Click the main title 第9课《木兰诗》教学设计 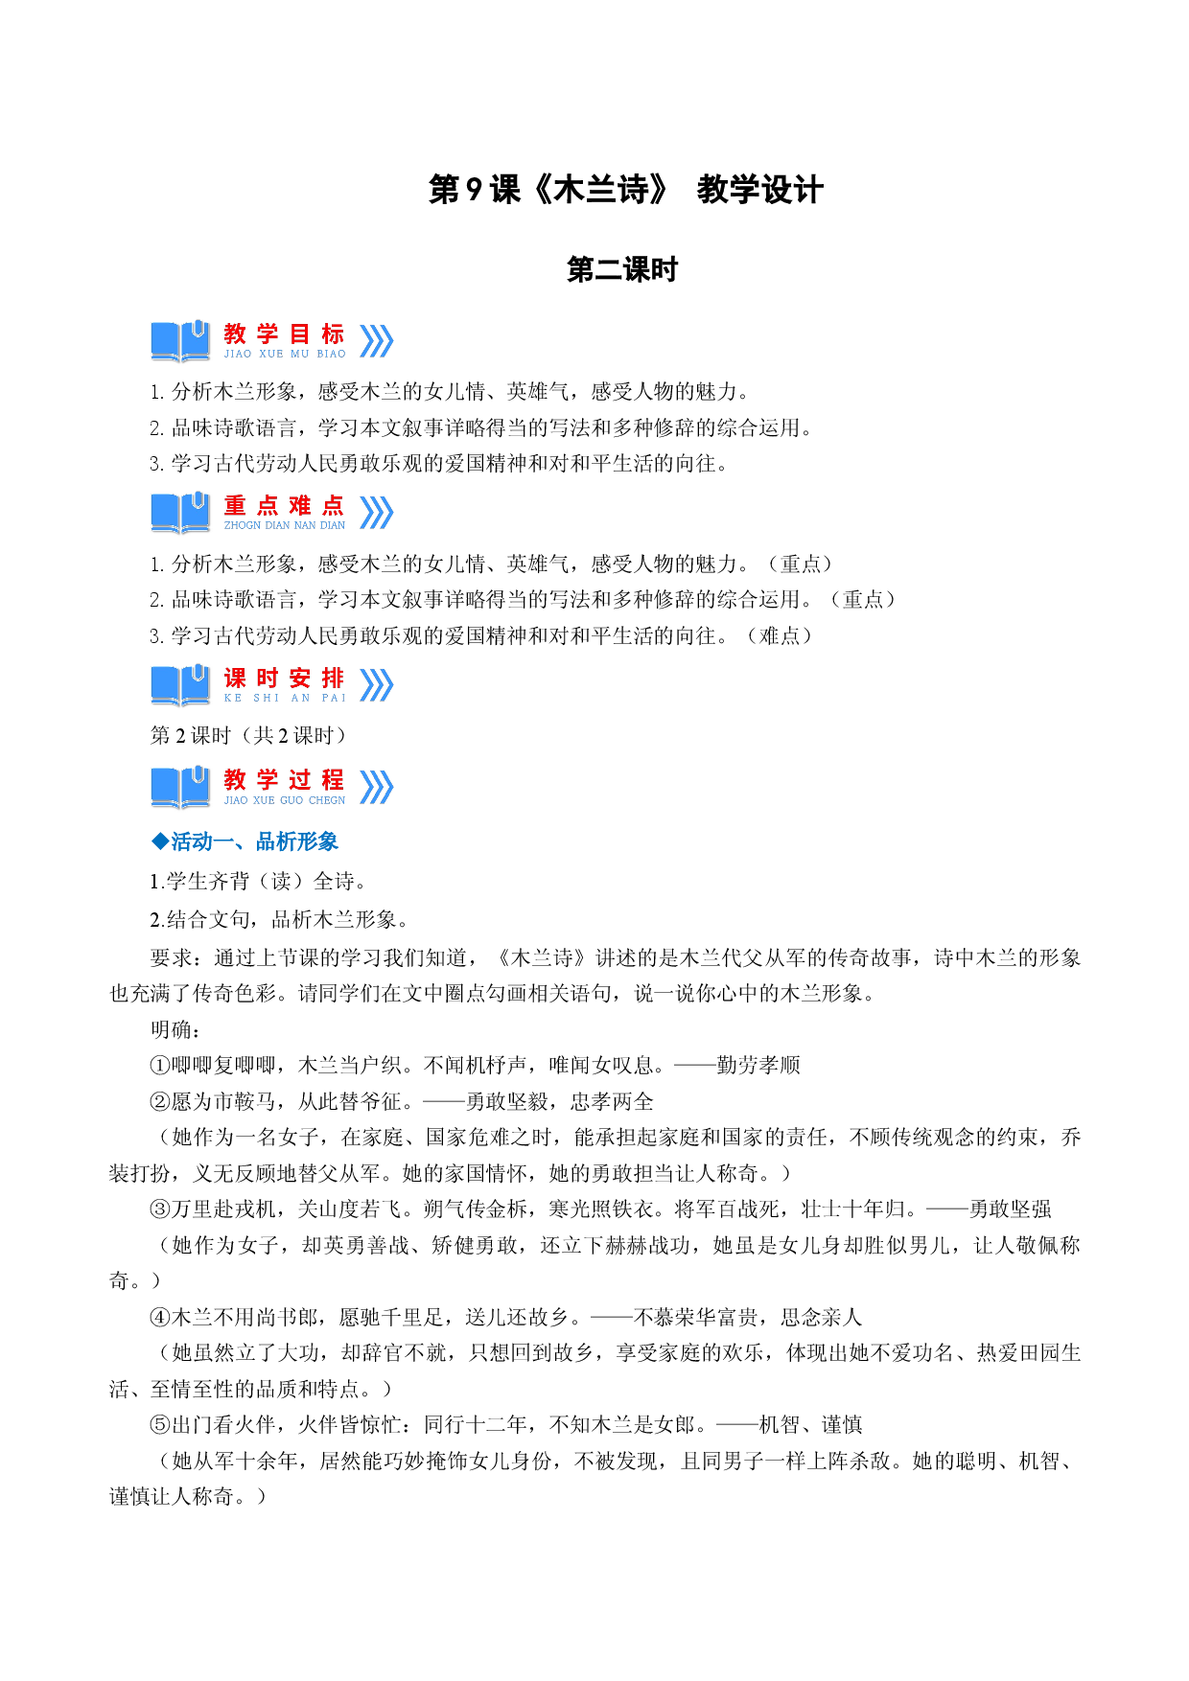625,190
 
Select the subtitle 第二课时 622,270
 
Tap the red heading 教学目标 284,334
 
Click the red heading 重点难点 284,505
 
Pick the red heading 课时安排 284,678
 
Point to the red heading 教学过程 284,779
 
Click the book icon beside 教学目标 180,340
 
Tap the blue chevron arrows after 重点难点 377,513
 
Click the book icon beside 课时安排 180,685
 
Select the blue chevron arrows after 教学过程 377,787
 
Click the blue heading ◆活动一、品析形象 245,841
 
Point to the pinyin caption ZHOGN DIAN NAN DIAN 285,525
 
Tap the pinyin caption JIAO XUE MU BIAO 285,354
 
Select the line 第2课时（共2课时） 248,735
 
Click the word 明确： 176,1029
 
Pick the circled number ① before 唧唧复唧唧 160,1066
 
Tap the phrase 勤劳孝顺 758,1066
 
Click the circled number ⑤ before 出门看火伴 160,1425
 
